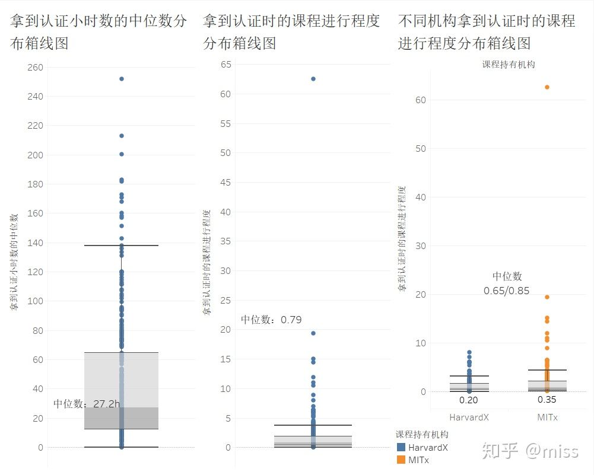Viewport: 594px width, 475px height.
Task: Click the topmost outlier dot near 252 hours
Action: coord(122,79)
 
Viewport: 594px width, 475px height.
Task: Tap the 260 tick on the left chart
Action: coord(36,68)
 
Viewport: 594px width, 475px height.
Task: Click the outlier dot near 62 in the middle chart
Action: coord(313,79)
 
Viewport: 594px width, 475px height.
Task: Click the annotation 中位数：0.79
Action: coord(271,320)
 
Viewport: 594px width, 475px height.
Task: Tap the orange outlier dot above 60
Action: coord(547,87)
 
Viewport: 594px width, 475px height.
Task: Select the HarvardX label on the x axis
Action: coord(469,417)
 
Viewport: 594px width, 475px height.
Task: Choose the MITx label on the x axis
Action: coord(547,417)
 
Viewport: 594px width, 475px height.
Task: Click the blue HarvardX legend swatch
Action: coord(401,448)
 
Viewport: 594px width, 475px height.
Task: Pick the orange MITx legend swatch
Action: coord(401,460)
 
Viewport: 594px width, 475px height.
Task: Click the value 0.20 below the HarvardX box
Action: coord(469,400)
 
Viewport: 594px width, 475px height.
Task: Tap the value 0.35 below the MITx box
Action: coord(547,400)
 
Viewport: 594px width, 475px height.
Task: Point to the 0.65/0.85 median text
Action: coord(506,291)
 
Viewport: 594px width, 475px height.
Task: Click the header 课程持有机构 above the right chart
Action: coord(509,64)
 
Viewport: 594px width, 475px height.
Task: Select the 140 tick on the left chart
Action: coord(36,243)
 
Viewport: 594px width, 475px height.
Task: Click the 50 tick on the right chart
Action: coord(421,148)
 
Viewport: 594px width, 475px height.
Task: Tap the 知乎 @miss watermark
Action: coord(530,451)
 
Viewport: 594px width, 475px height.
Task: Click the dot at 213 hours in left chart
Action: coord(122,136)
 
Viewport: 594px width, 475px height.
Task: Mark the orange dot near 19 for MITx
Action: coord(547,297)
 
